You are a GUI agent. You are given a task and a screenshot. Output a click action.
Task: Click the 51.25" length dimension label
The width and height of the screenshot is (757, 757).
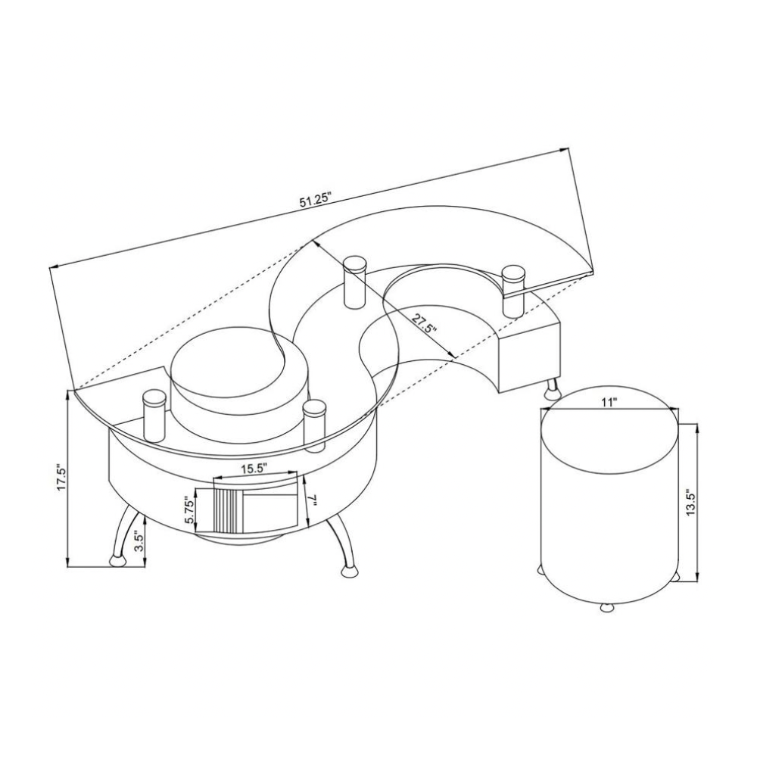click(316, 199)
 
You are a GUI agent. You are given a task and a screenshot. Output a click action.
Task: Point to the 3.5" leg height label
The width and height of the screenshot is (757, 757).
click(139, 541)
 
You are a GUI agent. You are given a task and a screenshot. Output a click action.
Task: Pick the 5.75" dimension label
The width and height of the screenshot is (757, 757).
click(189, 509)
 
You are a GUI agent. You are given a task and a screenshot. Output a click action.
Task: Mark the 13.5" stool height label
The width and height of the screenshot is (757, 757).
click(690, 503)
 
